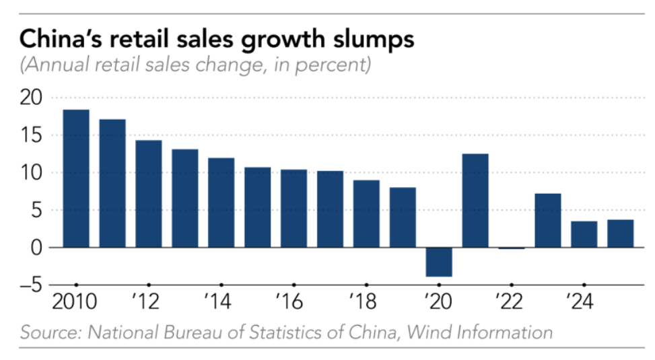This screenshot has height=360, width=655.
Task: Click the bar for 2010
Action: click(76, 178)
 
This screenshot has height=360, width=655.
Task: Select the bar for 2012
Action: click(149, 194)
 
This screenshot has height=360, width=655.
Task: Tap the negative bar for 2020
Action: click(438, 262)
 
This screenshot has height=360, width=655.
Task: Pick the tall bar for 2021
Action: click(475, 201)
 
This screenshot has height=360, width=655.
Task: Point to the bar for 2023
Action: click(547, 221)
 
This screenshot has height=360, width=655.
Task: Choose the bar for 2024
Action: click(584, 234)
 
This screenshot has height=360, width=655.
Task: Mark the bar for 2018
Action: click(366, 214)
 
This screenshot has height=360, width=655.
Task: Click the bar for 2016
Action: click(294, 209)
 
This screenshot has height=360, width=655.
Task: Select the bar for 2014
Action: click(221, 203)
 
